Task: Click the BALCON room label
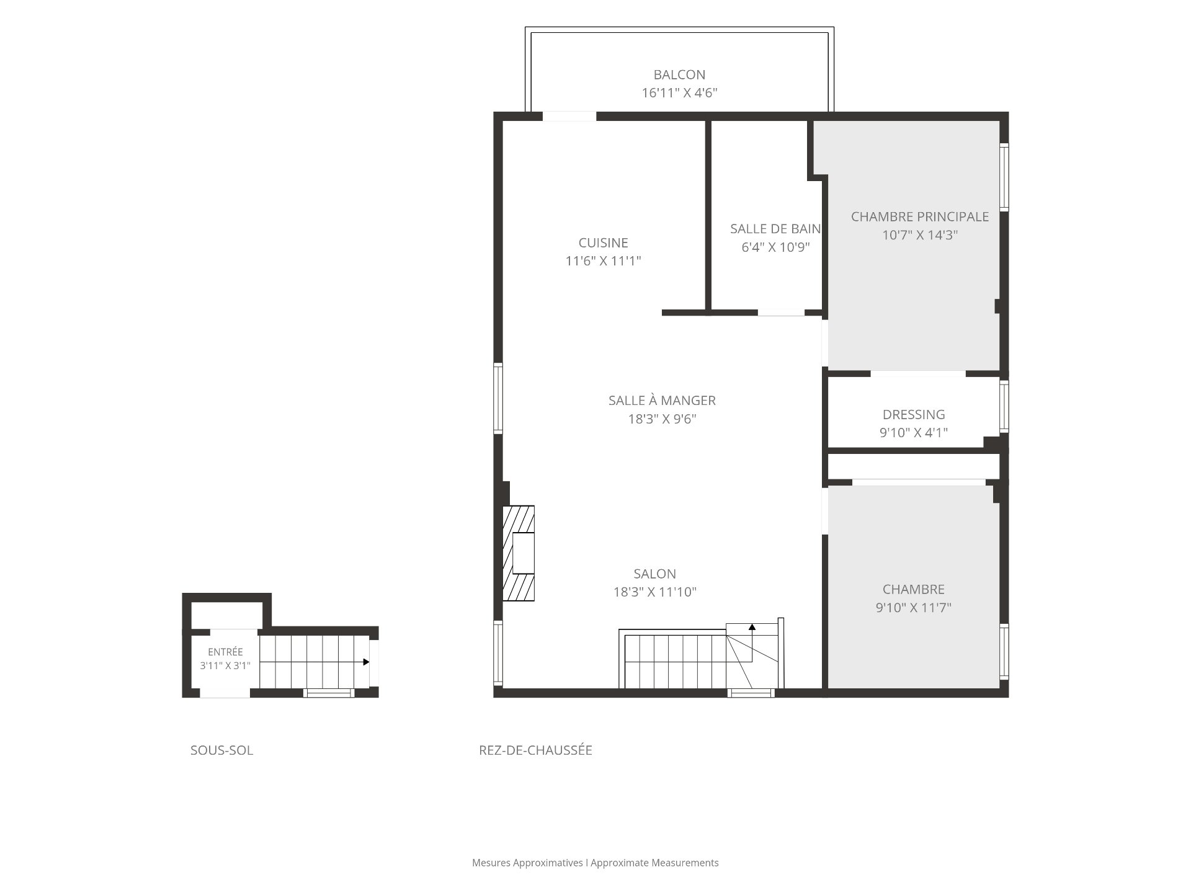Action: coord(679,75)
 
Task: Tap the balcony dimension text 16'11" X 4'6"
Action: coord(679,93)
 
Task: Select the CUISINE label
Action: coord(603,243)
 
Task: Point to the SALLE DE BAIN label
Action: coord(775,229)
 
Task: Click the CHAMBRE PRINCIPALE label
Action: coord(920,217)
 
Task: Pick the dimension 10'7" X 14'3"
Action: coord(920,235)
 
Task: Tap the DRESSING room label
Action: coord(914,415)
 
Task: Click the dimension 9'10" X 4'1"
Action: coord(914,433)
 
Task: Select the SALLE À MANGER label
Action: coord(662,401)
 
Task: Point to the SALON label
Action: coord(655,574)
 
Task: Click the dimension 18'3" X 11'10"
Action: coord(655,592)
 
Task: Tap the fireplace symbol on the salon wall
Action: coord(519,553)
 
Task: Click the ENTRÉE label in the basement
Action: coord(225,652)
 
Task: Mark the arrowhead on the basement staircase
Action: coord(366,662)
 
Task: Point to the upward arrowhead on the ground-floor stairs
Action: coord(752,627)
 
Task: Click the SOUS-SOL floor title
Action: coord(221,750)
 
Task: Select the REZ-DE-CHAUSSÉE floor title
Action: coord(535,750)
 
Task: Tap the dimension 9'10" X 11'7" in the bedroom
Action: coord(914,608)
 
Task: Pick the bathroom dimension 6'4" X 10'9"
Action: coord(776,247)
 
